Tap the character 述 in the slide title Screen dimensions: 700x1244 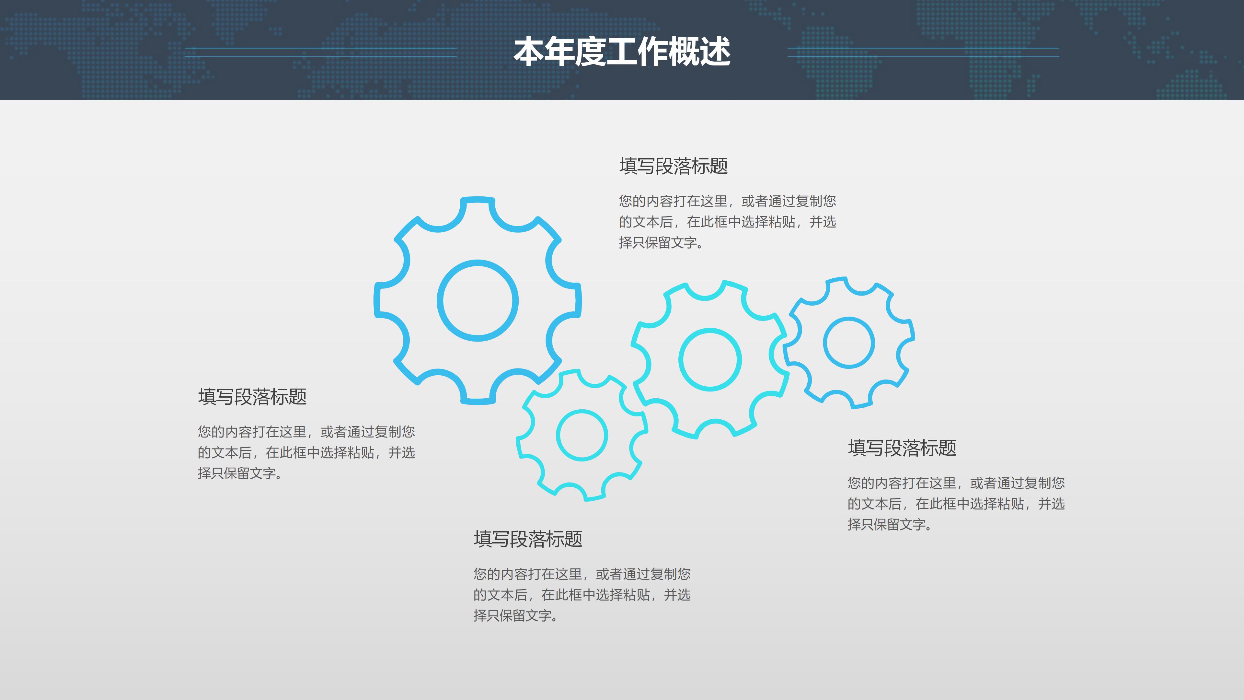click(x=715, y=52)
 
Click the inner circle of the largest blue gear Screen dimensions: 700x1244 click(x=478, y=300)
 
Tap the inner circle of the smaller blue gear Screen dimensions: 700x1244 click(x=848, y=343)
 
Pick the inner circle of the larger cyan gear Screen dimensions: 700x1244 click(x=710, y=359)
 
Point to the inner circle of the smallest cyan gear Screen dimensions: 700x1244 click(x=582, y=435)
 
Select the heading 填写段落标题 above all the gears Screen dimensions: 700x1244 click(x=673, y=166)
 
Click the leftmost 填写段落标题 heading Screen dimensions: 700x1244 click(x=252, y=397)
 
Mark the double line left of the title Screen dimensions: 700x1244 click(x=321, y=52)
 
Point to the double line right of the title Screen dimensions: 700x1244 click(x=923, y=52)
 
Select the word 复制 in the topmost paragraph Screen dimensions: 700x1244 click(x=809, y=201)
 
